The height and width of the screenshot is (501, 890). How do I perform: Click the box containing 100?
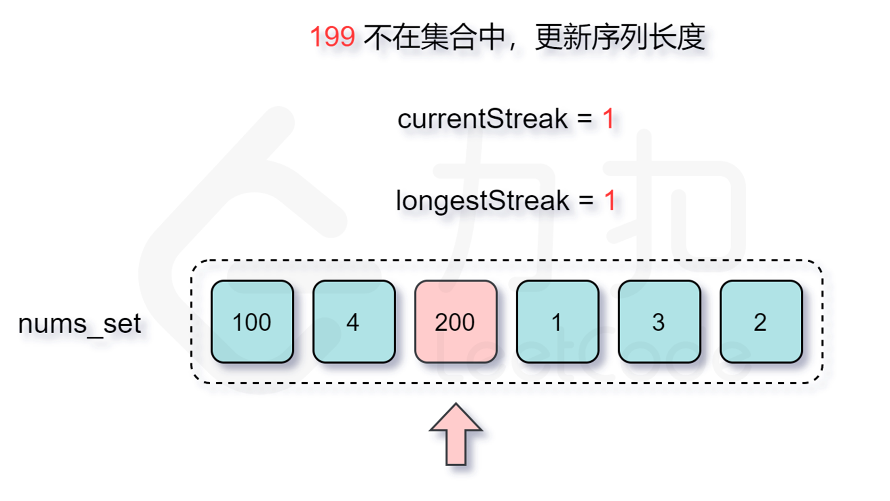point(252,321)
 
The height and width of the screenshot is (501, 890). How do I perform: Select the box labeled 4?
point(354,321)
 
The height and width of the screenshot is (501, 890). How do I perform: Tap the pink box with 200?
point(455,321)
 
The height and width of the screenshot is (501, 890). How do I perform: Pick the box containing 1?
point(557,321)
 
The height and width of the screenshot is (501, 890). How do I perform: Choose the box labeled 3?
point(659,321)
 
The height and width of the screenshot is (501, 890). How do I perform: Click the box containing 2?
point(761,321)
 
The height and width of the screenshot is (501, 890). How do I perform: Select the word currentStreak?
point(483,119)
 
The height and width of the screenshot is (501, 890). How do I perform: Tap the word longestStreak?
point(483,201)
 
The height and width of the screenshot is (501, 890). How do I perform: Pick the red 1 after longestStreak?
point(610,200)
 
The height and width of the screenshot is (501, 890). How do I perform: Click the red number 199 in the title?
point(332,37)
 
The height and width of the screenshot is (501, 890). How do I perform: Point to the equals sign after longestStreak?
point(586,200)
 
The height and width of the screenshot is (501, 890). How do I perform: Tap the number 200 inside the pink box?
point(455,322)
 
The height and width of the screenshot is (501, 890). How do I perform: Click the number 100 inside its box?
point(252,322)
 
